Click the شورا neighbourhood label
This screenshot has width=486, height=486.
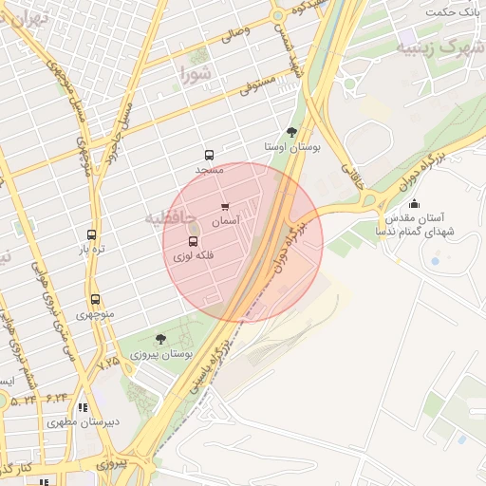click(x=196, y=72)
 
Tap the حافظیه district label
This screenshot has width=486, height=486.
click(x=170, y=218)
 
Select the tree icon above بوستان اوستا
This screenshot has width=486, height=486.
click(x=291, y=133)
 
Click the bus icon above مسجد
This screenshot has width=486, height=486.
click(x=209, y=156)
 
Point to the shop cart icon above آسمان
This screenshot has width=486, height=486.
click(x=225, y=207)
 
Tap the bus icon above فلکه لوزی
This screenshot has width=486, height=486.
click(x=194, y=242)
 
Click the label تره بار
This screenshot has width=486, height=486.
click(x=90, y=249)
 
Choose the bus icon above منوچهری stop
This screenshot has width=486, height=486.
click(x=94, y=300)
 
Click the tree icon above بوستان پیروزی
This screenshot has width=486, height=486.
click(x=159, y=339)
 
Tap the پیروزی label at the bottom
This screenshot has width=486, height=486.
click(x=110, y=464)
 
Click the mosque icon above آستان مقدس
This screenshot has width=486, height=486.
click(x=413, y=203)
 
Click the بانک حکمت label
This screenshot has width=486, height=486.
click(x=450, y=11)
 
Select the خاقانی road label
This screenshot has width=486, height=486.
click(x=352, y=176)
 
